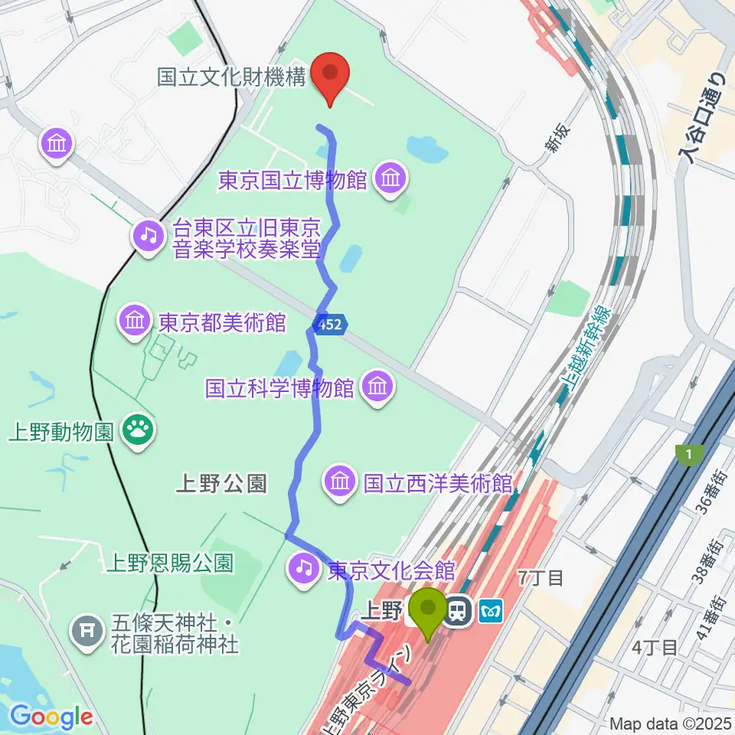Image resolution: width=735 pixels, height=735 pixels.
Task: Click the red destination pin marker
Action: point(331,77)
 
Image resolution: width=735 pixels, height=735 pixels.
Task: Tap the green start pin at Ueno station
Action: point(427,611)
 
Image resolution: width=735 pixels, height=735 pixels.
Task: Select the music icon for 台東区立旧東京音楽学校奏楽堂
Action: point(149,235)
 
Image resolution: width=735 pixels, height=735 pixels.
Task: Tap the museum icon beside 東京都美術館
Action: point(136,322)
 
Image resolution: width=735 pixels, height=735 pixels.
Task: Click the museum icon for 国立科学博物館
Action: point(377,387)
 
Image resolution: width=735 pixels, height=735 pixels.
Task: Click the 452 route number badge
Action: point(332,325)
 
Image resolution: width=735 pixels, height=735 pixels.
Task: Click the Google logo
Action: point(51,717)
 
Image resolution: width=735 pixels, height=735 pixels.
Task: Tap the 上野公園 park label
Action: point(221,483)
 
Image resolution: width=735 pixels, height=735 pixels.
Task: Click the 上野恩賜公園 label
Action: point(169,564)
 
